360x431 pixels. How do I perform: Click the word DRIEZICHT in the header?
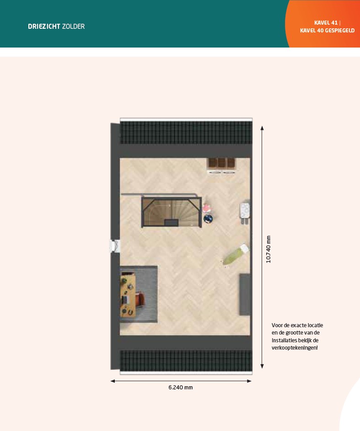coord(44,27)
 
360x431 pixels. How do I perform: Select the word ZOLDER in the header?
coord(74,27)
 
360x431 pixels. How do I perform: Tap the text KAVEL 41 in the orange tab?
coord(326,23)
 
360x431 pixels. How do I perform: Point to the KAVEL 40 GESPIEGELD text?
coord(327,31)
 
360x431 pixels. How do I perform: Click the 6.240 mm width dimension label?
coord(181,387)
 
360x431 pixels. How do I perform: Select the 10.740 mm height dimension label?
coord(269,249)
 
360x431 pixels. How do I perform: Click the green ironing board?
coord(236,255)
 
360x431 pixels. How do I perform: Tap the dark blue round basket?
coord(208,219)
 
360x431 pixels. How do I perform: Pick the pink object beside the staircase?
coord(207,208)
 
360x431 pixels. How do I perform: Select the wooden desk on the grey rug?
coord(128,295)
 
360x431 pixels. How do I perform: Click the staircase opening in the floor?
coord(172,212)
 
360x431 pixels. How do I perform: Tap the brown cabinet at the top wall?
coord(222,163)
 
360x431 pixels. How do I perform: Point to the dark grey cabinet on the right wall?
coord(245,294)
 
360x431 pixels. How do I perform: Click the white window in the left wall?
coord(115,246)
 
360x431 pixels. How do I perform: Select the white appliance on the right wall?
coord(245,211)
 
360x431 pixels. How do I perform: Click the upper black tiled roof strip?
coord(186,133)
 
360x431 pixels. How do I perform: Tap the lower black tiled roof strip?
coord(186,361)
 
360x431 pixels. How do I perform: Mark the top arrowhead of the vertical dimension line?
coord(262,128)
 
